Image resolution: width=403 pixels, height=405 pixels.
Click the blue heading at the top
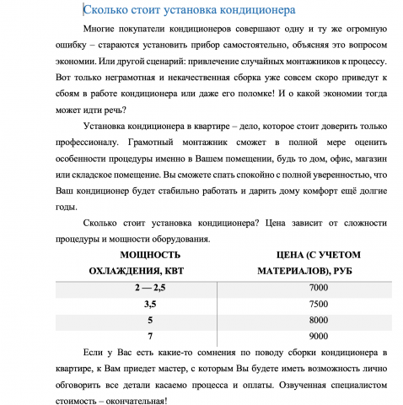click(189, 11)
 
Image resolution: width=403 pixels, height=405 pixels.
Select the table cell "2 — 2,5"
click(150, 288)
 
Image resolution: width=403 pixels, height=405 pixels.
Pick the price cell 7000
click(319, 288)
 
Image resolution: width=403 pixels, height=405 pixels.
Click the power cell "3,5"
click(150, 304)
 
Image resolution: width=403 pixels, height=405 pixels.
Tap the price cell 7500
click(319, 304)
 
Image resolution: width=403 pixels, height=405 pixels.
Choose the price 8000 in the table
click(319, 320)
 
